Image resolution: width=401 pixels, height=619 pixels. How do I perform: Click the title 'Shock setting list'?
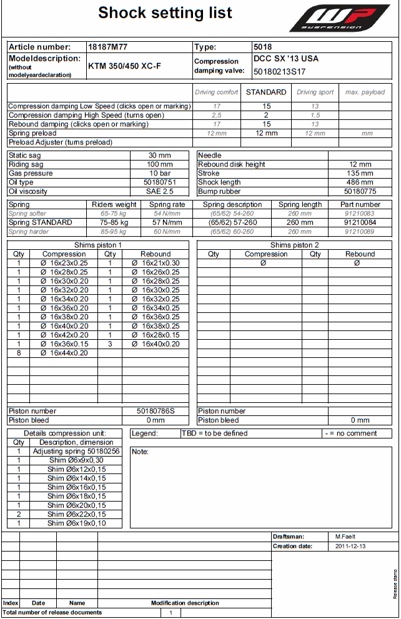[165, 13]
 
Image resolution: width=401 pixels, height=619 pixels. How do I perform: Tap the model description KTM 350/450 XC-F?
[124, 66]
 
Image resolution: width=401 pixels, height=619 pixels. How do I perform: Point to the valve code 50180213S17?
[279, 72]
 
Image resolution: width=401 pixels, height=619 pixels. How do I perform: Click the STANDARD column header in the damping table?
[266, 92]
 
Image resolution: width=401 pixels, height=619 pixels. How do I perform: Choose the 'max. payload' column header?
[365, 92]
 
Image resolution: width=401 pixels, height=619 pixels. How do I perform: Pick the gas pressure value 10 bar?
[161, 173]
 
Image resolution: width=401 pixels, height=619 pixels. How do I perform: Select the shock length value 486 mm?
[360, 182]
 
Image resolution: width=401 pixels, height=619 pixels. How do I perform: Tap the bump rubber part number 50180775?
[360, 191]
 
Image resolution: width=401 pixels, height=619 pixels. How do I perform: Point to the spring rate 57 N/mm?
[167, 222]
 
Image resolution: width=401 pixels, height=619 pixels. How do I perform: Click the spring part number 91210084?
[360, 222]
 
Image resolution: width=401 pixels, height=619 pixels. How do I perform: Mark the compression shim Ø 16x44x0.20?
[64, 353]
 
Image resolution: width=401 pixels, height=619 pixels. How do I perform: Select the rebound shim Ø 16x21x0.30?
[156, 263]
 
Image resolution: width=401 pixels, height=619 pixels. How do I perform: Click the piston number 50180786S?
[156, 411]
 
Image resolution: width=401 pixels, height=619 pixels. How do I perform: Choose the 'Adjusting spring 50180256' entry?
[76, 451]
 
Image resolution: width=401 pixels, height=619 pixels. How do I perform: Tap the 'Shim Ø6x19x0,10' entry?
[76, 523]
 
